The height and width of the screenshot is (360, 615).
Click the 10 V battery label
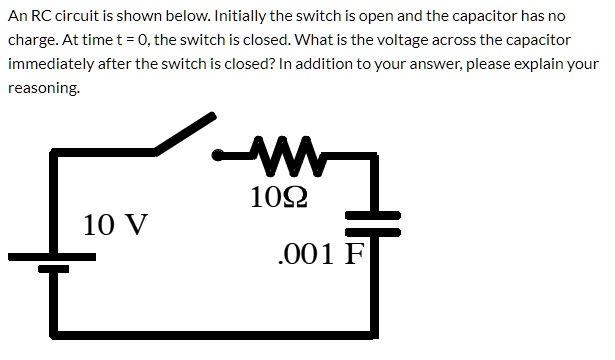[x=115, y=223]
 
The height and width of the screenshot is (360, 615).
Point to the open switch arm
[x=185, y=134]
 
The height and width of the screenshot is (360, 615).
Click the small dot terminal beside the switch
[x=219, y=154]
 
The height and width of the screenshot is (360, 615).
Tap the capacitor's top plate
[x=372, y=215]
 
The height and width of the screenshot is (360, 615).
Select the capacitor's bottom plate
[x=372, y=232]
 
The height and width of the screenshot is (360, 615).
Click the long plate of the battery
[x=52, y=256]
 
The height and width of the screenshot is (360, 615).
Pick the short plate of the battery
[x=53, y=269]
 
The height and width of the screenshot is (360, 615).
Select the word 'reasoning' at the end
[x=43, y=87]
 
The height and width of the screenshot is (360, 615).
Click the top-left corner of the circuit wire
[x=54, y=153]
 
